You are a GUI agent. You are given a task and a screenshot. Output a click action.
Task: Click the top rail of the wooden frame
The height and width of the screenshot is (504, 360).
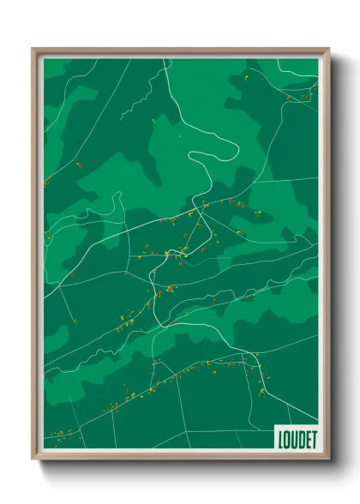point(180,51)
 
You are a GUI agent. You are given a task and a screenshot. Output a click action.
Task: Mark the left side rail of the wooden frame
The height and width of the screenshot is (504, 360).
point(35,257)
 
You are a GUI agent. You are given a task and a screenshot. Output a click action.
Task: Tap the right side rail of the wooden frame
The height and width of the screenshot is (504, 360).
point(327,257)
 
